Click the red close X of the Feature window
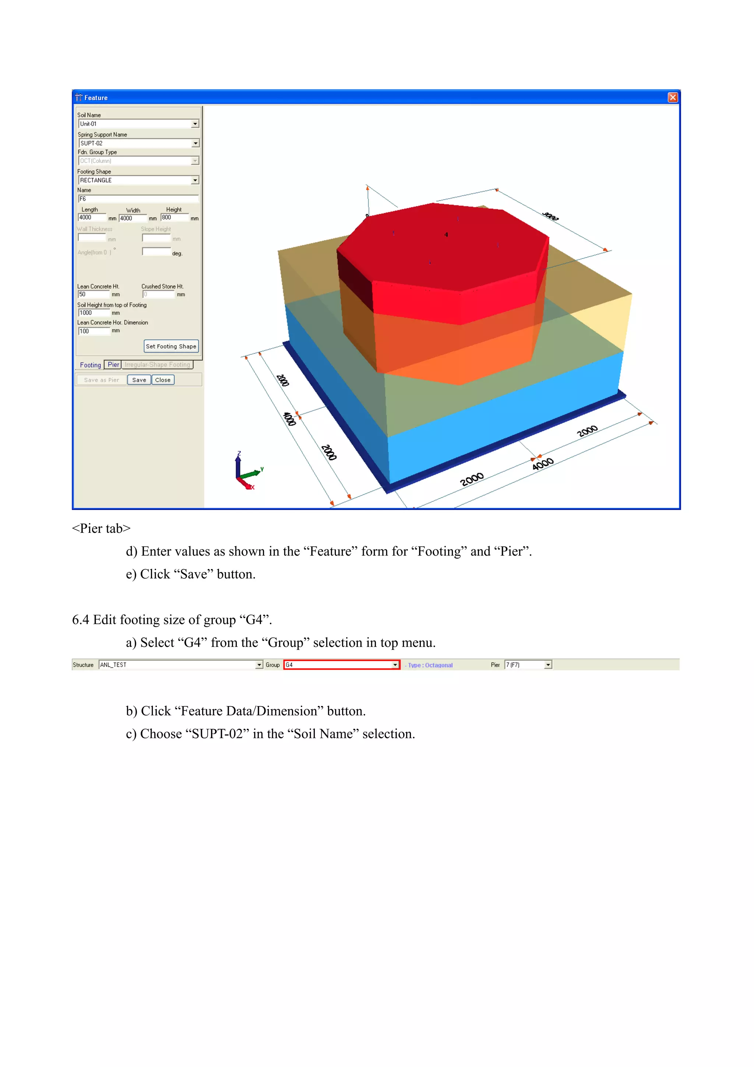click(x=672, y=97)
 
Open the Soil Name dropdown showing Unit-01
click(x=195, y=124)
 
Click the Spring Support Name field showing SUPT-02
click(x=135, y=143)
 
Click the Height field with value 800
click(x=175, y=217)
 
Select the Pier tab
click(x=113, y=365)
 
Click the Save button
click(x=139, y=380)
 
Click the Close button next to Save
click(x=163, y=380)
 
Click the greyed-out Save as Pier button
click(x=101, y=380)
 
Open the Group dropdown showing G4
click(x=395, y=665)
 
